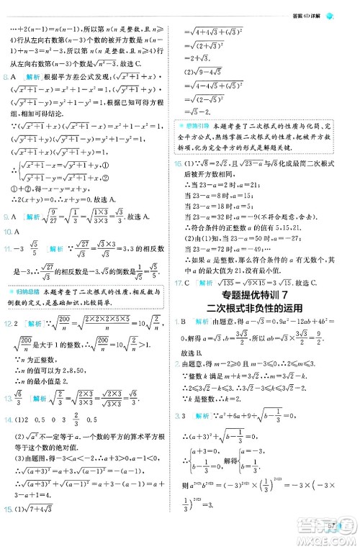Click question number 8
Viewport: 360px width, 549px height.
click(6, 74)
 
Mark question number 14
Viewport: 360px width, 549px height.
click(8, 440)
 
